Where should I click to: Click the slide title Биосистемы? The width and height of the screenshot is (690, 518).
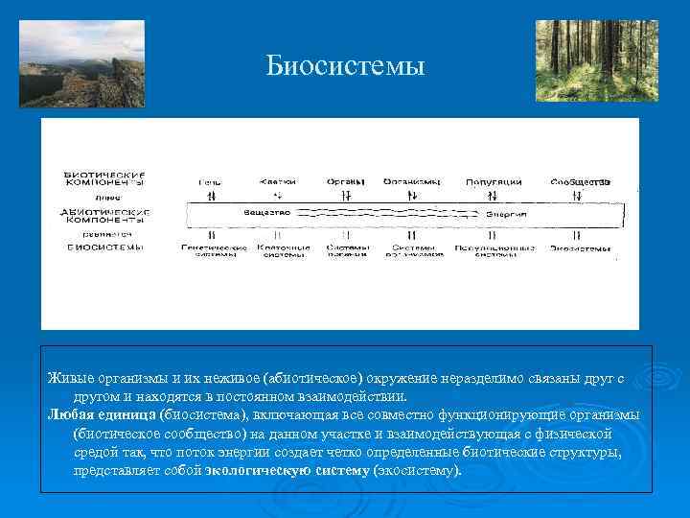coord(344,66)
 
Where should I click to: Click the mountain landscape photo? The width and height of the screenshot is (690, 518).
coord(81,63)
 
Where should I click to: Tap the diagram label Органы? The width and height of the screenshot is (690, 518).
coord(344,181)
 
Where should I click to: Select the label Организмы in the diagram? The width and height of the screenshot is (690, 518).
coord(411,181)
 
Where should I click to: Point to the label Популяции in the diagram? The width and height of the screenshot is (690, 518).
coord(494,181)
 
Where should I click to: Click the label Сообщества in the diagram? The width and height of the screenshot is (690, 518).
coord(580,181)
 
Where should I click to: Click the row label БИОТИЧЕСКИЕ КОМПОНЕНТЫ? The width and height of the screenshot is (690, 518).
coord(103,178)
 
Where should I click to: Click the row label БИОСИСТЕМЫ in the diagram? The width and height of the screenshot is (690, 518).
coord(103,247)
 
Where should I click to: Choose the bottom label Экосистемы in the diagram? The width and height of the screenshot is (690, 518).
coord(580,249)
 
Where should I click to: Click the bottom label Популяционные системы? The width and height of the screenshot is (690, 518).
coord(494,251)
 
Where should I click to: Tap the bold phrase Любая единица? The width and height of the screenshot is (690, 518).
coord(103,414)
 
